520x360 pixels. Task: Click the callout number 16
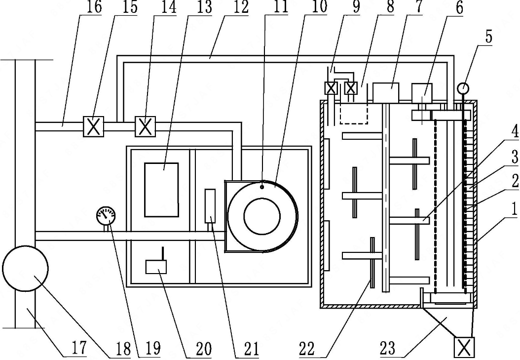94,7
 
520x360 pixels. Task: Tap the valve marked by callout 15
93,126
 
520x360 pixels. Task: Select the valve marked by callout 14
145,126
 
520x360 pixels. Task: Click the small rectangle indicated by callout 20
156,267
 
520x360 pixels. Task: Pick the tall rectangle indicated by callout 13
161,190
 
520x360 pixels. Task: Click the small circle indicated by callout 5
463,88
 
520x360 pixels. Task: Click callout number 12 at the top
241,7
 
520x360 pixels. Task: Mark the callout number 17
79,348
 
